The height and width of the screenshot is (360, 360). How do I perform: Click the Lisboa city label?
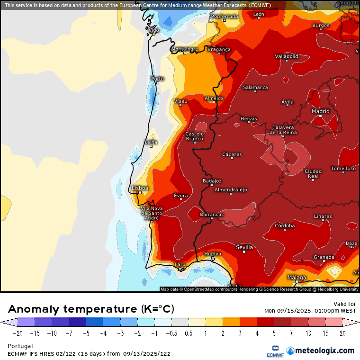[x=140, y=188]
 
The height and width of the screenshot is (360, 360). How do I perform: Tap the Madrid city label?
[x=320, y=111]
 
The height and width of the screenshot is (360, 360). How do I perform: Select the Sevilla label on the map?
[x=244, y=247]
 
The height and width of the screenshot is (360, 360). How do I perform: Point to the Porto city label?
[x=157, y=79]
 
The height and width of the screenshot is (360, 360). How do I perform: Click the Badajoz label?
[x=212, y=181]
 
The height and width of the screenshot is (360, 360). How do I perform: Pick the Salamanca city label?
[x=255, y=87]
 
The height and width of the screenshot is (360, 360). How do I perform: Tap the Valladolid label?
[x=287, y=56]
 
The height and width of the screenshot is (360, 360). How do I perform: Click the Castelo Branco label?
[x=194, y=136]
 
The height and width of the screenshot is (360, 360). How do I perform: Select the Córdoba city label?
[x=285, y=226]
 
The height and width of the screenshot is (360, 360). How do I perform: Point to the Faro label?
[x=180, y=264]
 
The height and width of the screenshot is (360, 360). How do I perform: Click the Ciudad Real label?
[x=313, y=173]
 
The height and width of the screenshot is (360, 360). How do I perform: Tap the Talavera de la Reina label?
[x=283, y=130]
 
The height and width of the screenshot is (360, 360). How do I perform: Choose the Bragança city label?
[x=219, y=49]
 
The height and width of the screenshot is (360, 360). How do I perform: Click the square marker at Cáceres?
[x=232, y=158]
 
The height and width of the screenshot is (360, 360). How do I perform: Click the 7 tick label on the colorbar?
[x=291, y=333]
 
